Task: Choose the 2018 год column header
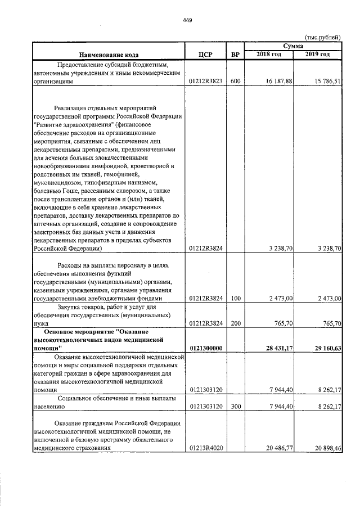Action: point(269,53)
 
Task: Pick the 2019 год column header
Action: point(317,53)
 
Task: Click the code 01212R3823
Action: point(207,81)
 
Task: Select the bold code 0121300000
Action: point(207,348)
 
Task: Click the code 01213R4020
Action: point(207,448)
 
